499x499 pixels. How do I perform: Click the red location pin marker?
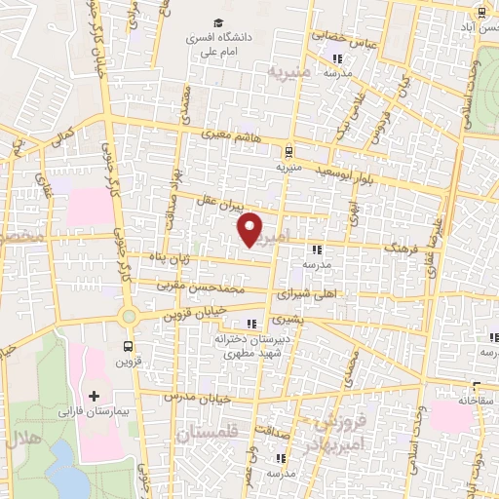pyautogui.click(x=251, y=229)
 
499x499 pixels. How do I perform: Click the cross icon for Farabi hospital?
pyautogui.click(x=95, y=396)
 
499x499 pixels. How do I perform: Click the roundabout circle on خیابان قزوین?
pyautogui.click(x=129, y=316)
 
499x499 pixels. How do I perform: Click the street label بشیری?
pyautogui.click(x=289, y=319)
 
